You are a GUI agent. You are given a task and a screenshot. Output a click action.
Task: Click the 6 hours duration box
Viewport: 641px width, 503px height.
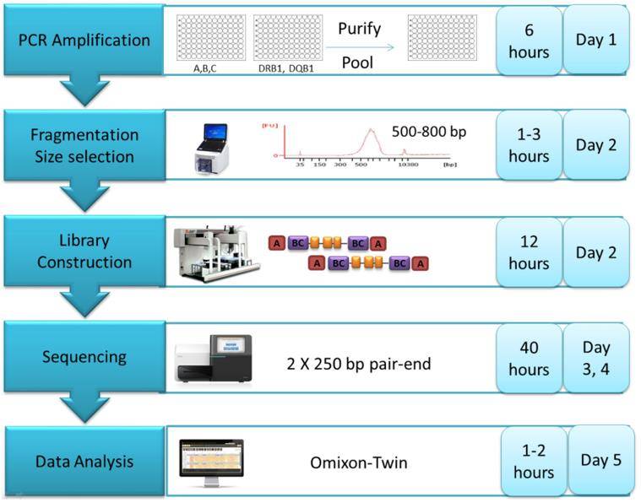[529, 41]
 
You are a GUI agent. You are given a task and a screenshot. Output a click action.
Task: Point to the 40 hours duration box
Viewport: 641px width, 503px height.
[529, 358]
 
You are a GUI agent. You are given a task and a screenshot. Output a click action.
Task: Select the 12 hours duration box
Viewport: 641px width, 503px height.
[529, 252]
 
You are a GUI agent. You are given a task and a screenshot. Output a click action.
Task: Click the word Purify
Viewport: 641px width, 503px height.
[359, 28]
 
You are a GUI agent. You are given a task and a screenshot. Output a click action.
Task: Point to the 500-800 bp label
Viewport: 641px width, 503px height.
[429, 131]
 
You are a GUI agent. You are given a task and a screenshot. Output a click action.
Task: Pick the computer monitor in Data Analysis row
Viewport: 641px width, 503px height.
[211, 461]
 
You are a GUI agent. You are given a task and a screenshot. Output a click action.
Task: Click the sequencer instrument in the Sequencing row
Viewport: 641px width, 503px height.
[214, 358]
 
